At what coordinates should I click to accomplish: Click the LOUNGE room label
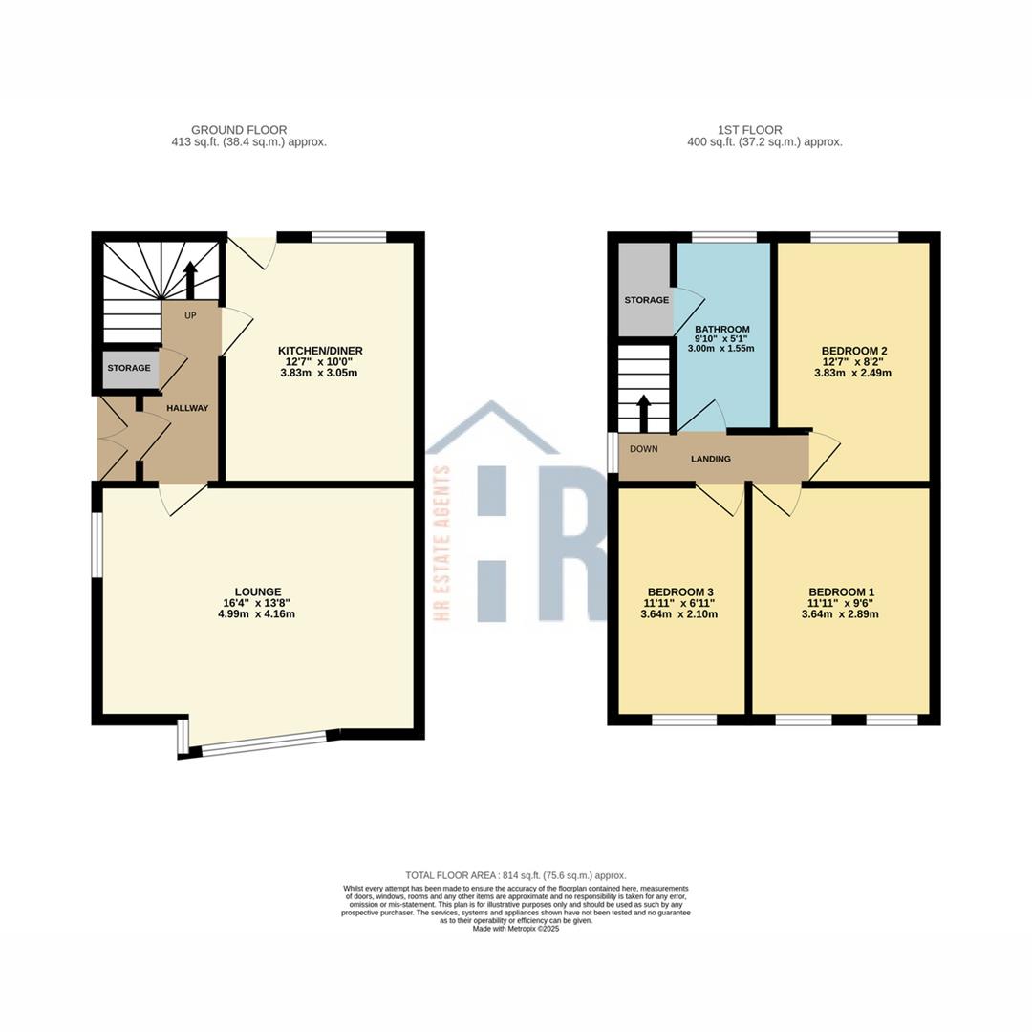pyautogui.click(x=258, y=591)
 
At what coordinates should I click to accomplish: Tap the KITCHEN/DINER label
pyautogui.click(x=320, y=351)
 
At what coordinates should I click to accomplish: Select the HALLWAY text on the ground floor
pyautogui.click(x=187, y=408)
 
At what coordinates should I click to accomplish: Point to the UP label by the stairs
pyautogui.click(x=190, y=316)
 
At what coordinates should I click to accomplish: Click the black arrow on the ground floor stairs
pyautogui.click(x=190, y=280)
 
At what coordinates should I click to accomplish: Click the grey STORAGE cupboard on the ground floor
pyautogui.click(x=129, y=369)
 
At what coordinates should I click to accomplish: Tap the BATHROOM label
pyautogui.click(x=722, y=329)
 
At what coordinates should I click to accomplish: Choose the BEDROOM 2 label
pyautogui.click(x=853, y=351)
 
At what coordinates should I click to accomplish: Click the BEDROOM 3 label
pyautogui.click(x=680, y=591)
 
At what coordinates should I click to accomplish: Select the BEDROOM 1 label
pyautogui.click(x=841, y=591)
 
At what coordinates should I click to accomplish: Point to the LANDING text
pyautogui.click(x=711, y=459)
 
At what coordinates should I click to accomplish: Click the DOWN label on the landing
pyautogui.click(x=644, y=449)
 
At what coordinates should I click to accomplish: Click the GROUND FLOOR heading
pyautogui.click(x=239, y=130)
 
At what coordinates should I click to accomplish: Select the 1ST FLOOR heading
pyautogui.click(x=750, y=130)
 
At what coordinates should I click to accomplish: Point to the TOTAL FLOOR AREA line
pyautogui.click(x=516, y=875)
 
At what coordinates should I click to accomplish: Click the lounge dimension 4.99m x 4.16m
pyautogui.click(x=256, y=614)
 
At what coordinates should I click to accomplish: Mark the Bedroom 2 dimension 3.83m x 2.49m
pyautogui.click(x=853, y=373)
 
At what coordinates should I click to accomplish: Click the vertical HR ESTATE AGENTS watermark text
pyautogui.click(x=443, y=543)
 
